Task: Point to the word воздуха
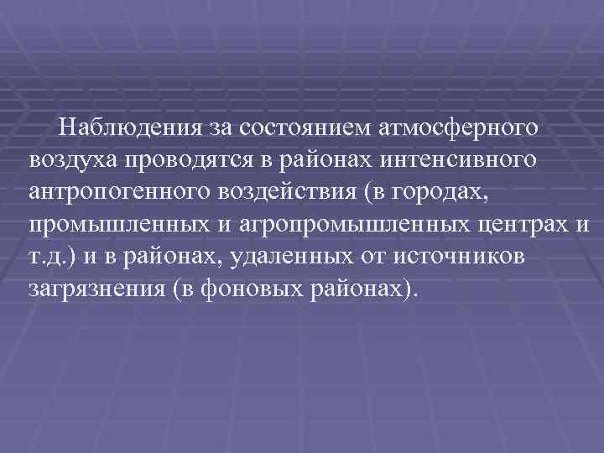73,159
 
